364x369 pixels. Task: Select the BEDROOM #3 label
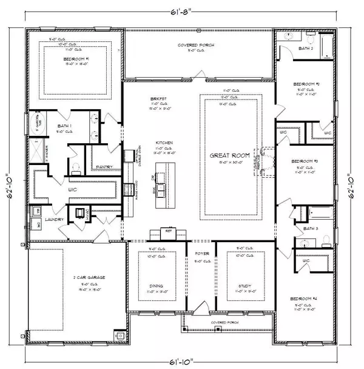(x=303, y=161)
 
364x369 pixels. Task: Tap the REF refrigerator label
(x=169, y=230)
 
